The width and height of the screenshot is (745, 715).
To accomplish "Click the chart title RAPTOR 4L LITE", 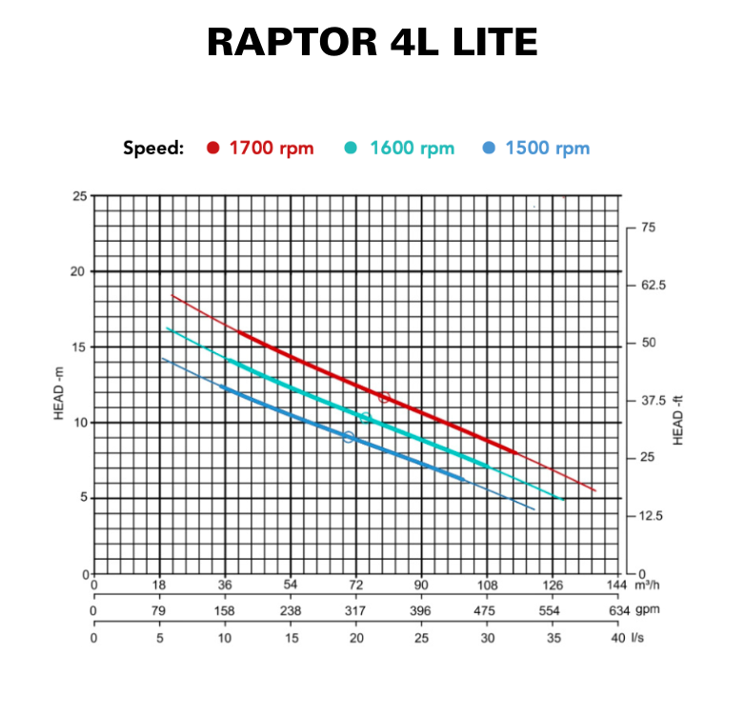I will click(x=372, y=43).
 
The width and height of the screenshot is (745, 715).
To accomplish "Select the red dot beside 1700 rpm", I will click(x=213, y=149).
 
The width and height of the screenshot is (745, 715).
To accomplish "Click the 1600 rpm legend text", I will click(x=412, y=149).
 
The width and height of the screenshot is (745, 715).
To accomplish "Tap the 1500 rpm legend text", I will click(x=547, y=149).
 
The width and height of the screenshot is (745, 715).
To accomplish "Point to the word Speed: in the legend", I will click(x=153, y=149).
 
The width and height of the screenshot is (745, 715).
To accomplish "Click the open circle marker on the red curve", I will click(x=385, y=397).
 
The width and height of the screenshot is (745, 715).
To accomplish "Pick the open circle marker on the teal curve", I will click(x=364, y=417).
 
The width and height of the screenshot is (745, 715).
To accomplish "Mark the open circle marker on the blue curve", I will click(x=349, y=437).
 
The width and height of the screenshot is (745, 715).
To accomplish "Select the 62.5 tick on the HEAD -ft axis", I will click(x=653, y=286).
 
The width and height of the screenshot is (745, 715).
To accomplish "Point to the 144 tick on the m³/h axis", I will click(x=617, y=585).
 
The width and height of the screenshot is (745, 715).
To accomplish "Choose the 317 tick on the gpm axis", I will click(x=355, y=611).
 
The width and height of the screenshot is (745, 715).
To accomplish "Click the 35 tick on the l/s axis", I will click(x=553, y=638).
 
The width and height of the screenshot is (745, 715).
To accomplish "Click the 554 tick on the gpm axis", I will click(x=552, y=611).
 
